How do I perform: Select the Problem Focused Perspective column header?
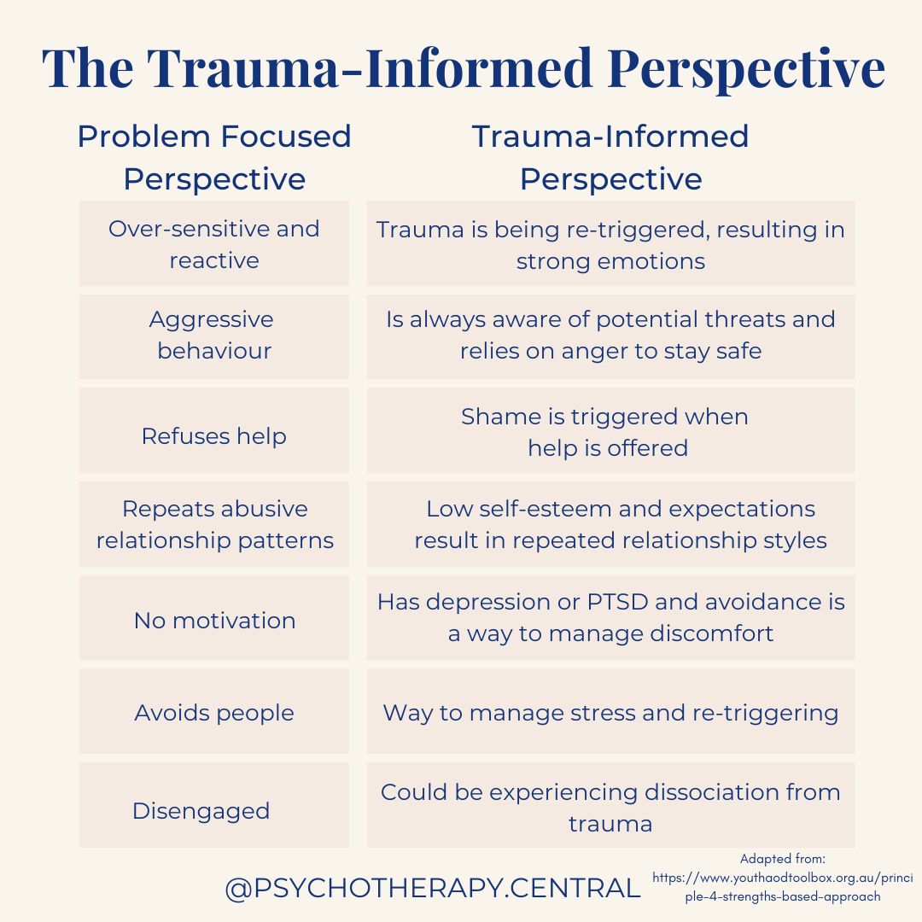pyautogui.click(x=214, y=158)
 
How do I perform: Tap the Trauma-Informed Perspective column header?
pyautogui.click(x=610, y=158)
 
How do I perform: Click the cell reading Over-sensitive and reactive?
pyautogui.click(x=214, y=244)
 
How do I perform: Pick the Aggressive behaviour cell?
pyautogui.click(x=214, y=336)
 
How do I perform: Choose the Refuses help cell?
pyautogui.click(x=214, y=435)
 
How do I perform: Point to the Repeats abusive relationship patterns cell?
pyautogui.click(x=214, y=524)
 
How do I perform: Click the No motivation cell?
pyautogui.click(x=214, y=621)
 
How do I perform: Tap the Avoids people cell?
pyautogui.click(x=214, y=713)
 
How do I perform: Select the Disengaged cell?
pyautogui.click(x=201, y=810)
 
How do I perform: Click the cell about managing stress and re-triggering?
pyautogui.click(x=610, y=713)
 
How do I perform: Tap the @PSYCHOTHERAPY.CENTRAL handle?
pyautogui.click(x=433, y=889)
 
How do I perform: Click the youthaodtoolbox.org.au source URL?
pyautogui.click(x=783, y=886)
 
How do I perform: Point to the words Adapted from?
pyautogui.click(x=783, y=859)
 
